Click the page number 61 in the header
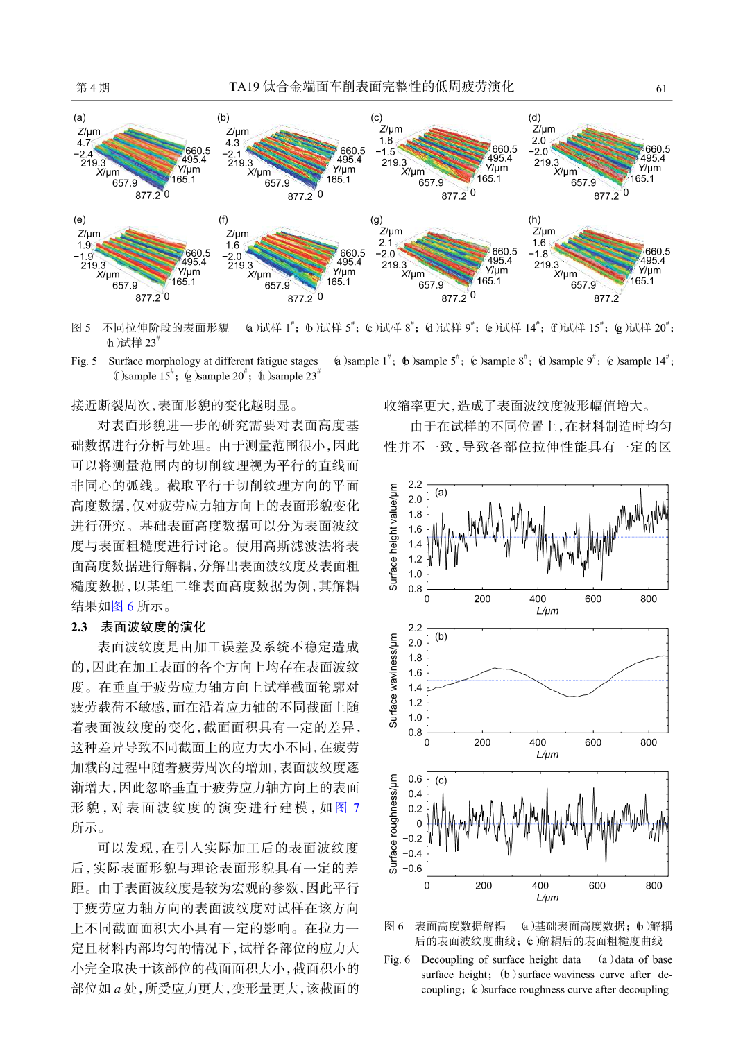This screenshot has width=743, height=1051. (661, 88)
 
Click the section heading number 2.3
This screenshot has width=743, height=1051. (79, 627)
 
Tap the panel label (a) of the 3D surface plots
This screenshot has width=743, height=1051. (80, 117)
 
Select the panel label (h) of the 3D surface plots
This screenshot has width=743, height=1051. (534, 219)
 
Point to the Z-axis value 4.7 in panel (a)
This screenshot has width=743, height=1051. (83, 143)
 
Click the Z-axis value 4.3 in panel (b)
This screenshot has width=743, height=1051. (232, 143)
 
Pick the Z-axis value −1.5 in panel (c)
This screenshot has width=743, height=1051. (385, 151)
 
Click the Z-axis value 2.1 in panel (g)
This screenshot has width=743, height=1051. (386, 243)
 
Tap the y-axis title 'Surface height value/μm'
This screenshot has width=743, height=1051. (393, 537)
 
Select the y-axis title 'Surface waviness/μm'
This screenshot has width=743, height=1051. (393, 680)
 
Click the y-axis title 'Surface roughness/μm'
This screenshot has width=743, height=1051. (393, 823)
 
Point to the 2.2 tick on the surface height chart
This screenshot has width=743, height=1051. (415, 484)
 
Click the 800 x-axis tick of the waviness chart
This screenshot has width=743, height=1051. (648, 742)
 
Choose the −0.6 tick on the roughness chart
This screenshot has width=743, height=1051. (413, 869)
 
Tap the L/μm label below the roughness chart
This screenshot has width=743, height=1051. (547, 897)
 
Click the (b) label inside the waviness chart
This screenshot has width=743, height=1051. (441, 636)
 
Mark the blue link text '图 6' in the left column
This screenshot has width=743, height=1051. (122, 606)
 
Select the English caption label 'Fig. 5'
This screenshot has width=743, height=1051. (84, 361)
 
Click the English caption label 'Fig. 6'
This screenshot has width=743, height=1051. (397, 959)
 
